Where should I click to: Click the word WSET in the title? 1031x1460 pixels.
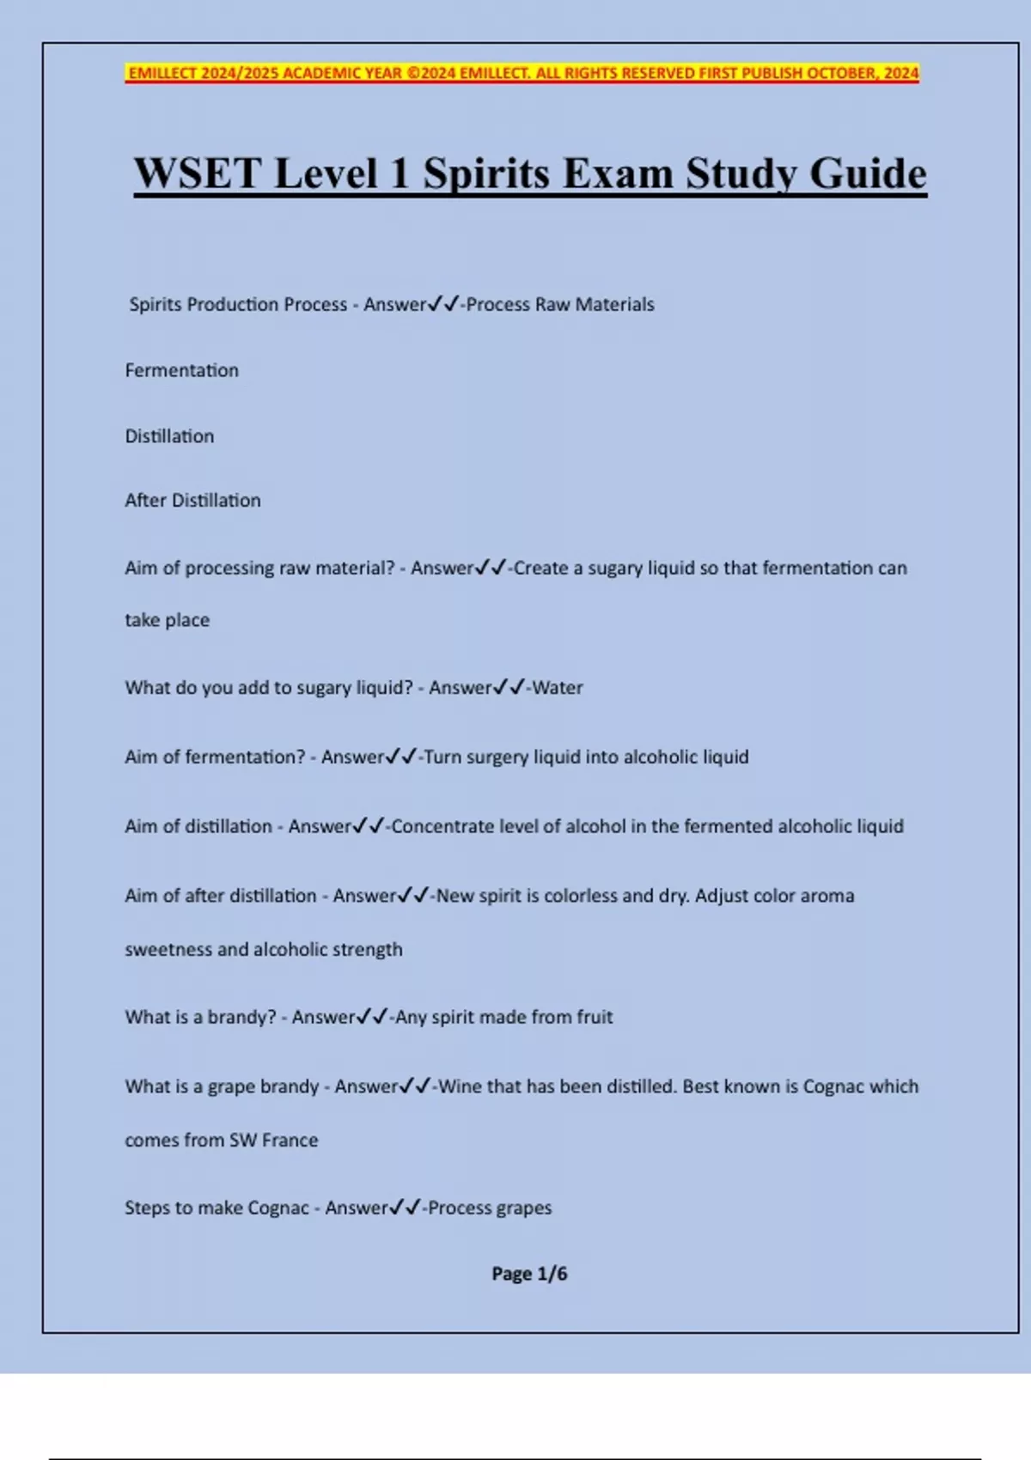click(197, 173)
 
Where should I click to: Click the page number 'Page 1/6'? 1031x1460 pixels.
click(529, 1274)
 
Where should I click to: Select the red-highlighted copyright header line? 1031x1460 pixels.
click(522, 73)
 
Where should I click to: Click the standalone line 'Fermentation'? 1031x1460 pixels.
click(182, 370)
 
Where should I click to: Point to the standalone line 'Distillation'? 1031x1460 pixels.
click(169, 436)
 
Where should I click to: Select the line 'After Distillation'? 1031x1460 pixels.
click(192, 501)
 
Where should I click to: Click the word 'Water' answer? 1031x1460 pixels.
click(558, 688)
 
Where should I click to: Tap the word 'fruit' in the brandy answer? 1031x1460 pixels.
click(595, 1018)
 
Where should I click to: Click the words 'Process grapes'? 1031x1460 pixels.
click(490, 1208)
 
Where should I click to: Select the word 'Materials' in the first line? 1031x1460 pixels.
click(614, 305)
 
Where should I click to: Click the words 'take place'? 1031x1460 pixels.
click(167, 620)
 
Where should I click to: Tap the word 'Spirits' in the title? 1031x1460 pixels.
click(485, 173)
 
